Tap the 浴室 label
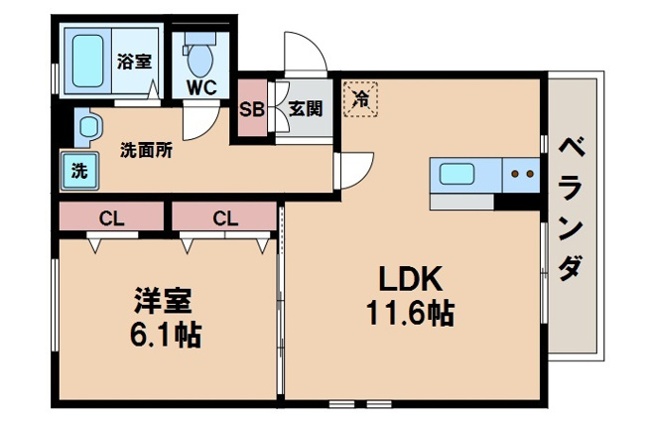tap(134, 61)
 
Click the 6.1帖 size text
tap(164, 335)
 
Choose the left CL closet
tap(110, 215)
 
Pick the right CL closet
tap(224, 215)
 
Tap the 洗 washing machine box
tap(78, 170)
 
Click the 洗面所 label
tap(146, 151)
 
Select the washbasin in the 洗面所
tap(89, 127)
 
